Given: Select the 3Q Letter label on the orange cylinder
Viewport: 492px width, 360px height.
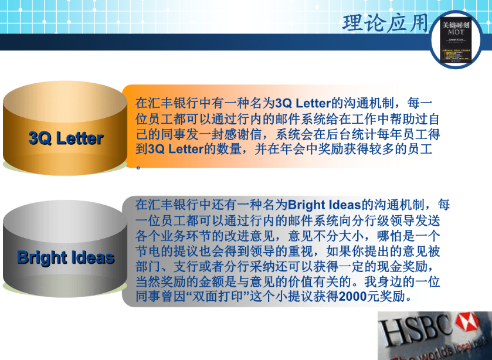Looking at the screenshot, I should (66, 138).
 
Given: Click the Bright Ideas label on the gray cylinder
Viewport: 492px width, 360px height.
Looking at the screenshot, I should (66, 257).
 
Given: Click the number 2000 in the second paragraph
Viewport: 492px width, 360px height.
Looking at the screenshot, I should (354, 297).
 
